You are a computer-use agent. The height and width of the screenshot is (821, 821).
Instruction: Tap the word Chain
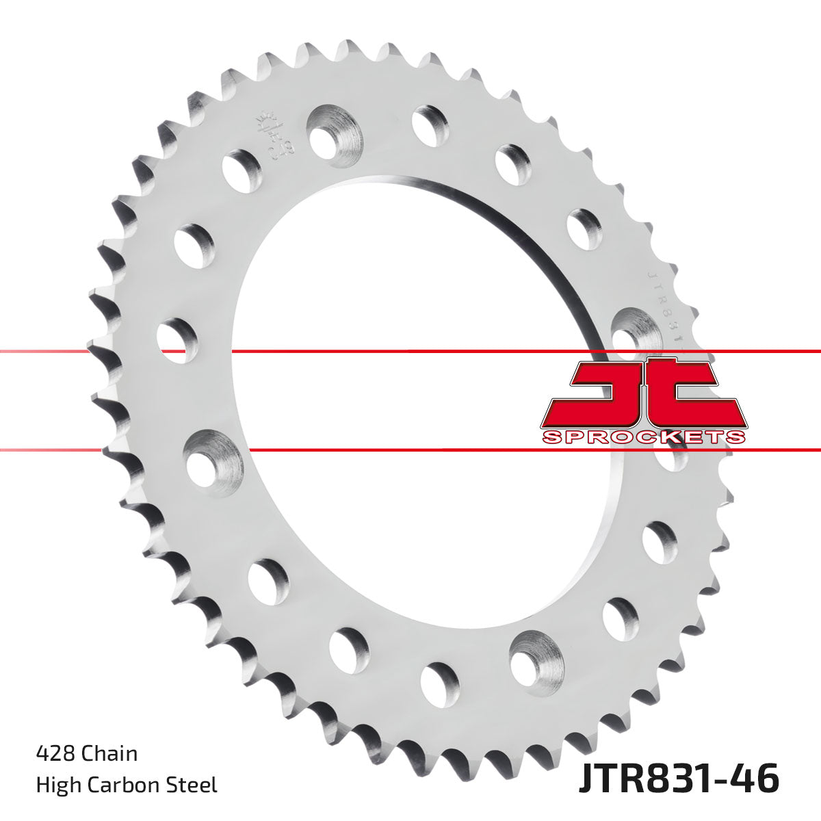point(109,753)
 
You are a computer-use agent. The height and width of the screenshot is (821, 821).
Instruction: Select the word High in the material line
point(57,785)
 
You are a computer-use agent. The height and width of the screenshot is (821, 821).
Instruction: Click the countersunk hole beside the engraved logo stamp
point(333,131)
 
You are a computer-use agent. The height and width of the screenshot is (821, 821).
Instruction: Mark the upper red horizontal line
point(410,352)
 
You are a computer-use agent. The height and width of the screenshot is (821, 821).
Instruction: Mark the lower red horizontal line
point(410,450)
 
